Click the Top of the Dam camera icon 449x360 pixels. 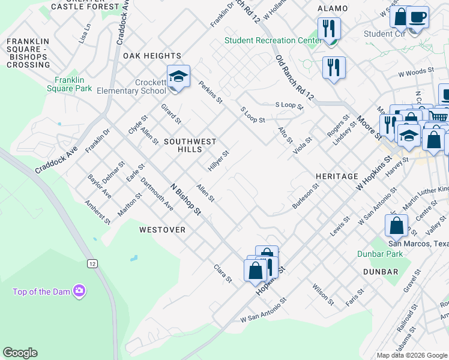(79, 292)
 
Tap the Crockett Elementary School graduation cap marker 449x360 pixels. (178, 77)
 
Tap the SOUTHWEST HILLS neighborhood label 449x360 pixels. (190, 145)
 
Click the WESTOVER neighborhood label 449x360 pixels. (162, 230)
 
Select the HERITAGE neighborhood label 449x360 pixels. (337, 176)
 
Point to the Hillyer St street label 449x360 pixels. (219, 160)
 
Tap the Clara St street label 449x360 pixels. (223, 274)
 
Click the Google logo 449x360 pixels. (20, 353)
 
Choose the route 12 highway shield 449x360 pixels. (92, 263)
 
